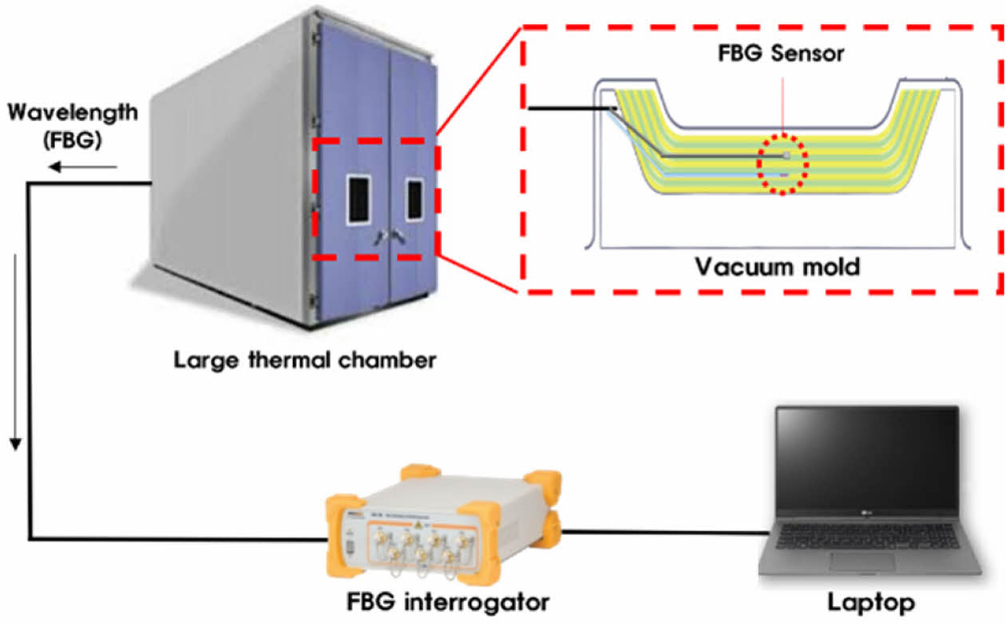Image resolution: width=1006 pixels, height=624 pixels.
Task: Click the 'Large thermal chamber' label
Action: pos(305,360)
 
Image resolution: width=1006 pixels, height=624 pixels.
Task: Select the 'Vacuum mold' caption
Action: pos(777,266)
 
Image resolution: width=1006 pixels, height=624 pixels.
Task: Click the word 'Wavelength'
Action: pos(73,113)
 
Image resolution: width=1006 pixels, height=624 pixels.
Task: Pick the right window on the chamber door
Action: pos(414,200)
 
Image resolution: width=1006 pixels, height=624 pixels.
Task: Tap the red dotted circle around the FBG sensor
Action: pos(783,165)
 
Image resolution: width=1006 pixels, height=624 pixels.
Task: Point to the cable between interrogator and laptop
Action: pos(663,531)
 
